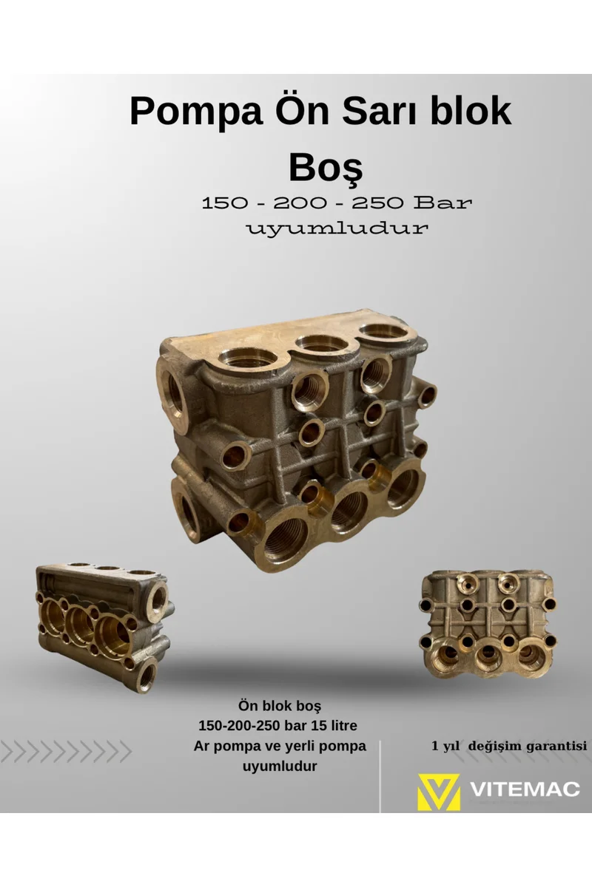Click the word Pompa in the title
point(197,112)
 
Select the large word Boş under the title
point(326,169)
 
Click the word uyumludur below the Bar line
point(337,228)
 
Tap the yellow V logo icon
point(439,791)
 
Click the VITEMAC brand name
point(525,789)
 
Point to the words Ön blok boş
point(280,706)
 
